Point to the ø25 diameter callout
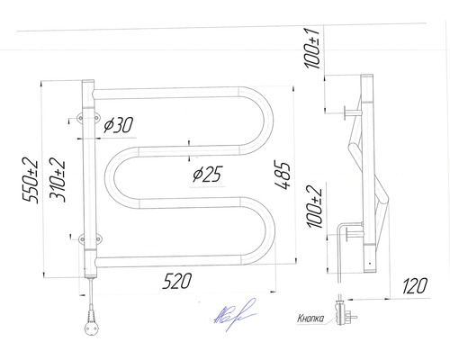pyautogui.click(x=206, y=174)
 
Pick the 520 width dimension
pyautogui.click(x=176, y=281)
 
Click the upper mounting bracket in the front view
pyautogui.click(x=82, y=118)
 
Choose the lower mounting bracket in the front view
pyautogui.click(x=82, y=238)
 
